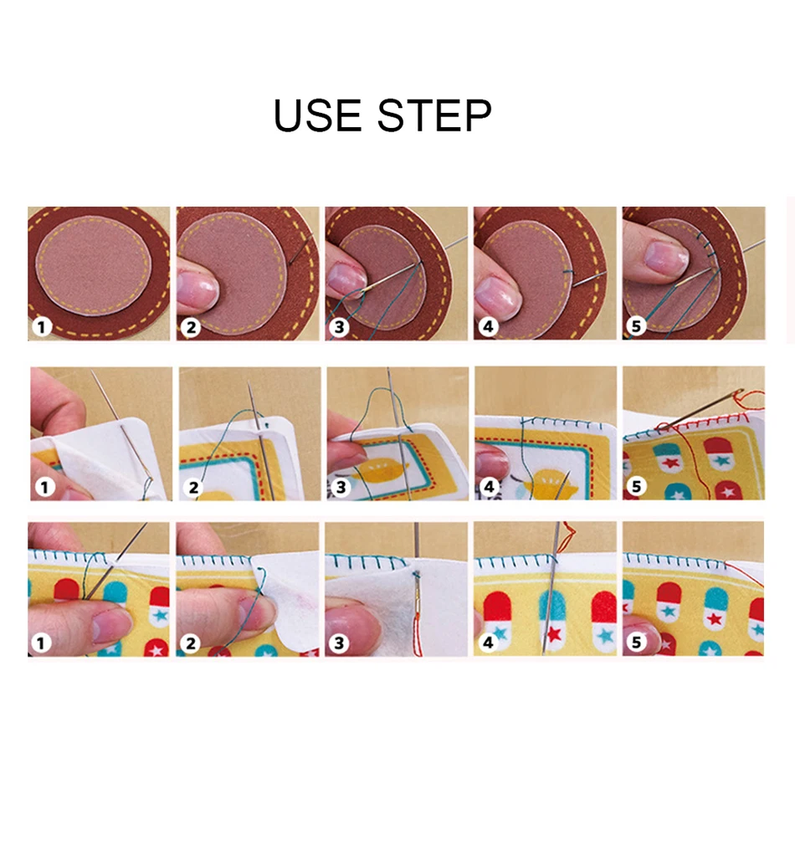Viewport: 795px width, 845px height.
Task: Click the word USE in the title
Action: coord(317,115)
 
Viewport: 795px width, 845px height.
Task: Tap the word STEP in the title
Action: coord(434,115)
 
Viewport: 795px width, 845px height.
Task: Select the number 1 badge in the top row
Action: coord(42,326)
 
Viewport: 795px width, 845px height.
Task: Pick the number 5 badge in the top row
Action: coord(636,326)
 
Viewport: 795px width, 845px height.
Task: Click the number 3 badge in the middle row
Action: coord(340,487)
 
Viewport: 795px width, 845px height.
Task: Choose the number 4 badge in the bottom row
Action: coord(488,643)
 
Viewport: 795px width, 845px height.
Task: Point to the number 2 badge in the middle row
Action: coord(192,488)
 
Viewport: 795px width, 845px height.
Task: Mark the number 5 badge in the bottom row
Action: coord(636,643)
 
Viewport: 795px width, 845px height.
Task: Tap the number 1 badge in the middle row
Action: coord(44,488)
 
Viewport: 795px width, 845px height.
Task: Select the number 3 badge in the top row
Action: coord(339,326)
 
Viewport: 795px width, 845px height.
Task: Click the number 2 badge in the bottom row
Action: coord(190,643)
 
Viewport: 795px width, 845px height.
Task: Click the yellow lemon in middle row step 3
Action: coord(382,471)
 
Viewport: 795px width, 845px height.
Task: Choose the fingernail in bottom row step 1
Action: coord(111,626)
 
